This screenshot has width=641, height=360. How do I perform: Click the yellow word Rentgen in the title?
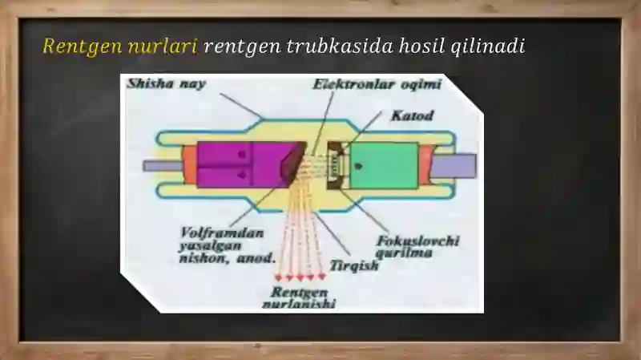coord(83,47)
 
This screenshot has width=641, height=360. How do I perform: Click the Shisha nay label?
coord(167,84)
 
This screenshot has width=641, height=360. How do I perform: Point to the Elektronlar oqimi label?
coord(377,84)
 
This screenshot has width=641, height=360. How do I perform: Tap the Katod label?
coord(412,115)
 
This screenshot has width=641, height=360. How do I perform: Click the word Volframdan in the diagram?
coord(222,233)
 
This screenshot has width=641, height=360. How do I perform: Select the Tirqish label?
coord(354,266)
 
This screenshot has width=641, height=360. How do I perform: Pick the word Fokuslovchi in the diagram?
coord(417,241)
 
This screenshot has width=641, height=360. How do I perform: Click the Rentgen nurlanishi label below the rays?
coord(299,297)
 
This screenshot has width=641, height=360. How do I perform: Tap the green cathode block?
coord(384,166)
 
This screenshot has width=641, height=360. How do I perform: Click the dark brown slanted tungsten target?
coord(293,164)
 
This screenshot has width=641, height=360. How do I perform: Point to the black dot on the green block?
coord(359,167)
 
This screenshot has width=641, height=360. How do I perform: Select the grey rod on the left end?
coord(163,166)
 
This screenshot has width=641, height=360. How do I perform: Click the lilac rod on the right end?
coord(454,166)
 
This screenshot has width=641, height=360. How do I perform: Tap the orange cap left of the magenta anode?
coord(190,164)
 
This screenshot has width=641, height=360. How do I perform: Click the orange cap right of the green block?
coord(426,165)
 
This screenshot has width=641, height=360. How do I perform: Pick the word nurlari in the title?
coord(163,47)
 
